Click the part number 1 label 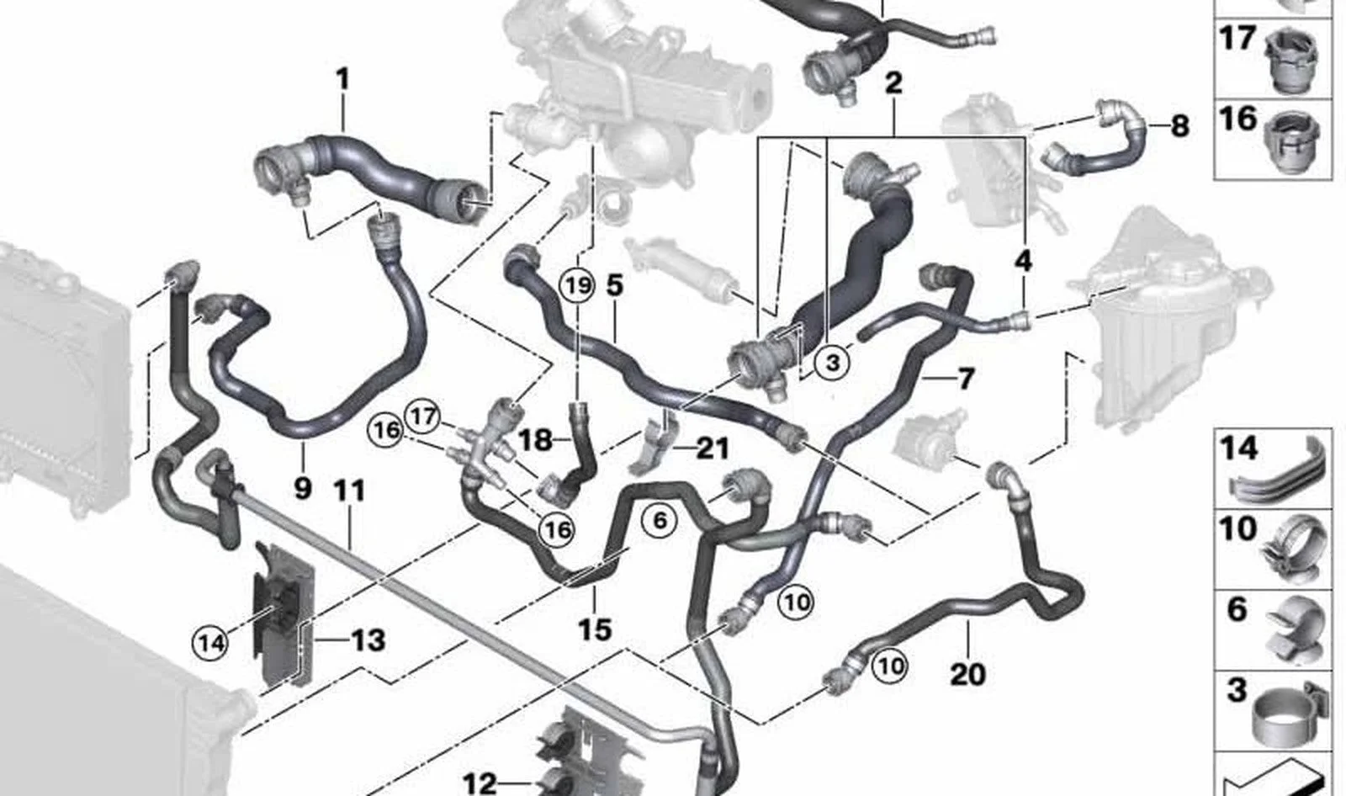pyautogui.click(x=342, y=80)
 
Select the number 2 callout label pyautogui.click(x=893, y=83)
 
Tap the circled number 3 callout pyautogui.click(x=832, y=363)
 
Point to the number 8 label pyautogui.click(x=1180, y=127)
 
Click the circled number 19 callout pyautogui.click(x=578, y=285)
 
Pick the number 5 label pyautogui.click(x=615, y=285)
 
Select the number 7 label pyautogui.click(x=965, y=379)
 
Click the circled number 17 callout pyautogui.click(x=423, y=417)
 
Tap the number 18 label pyautogui.click(x=535, y=441)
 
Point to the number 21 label pyautogui.click(x=712, y=448)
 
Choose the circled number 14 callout pyautogui.click(x=210, y=644)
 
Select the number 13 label pyautogui.click(x=368, y=640)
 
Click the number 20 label pyautogui.click(x=968, y=674)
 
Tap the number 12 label pyautogui.click(x=480, y=784)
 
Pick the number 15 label pyautogui.click(x=595, y=630)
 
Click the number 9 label pyautogui.click(x=303, y=488)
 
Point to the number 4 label pyautogui.click(x=1023, y=261)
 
